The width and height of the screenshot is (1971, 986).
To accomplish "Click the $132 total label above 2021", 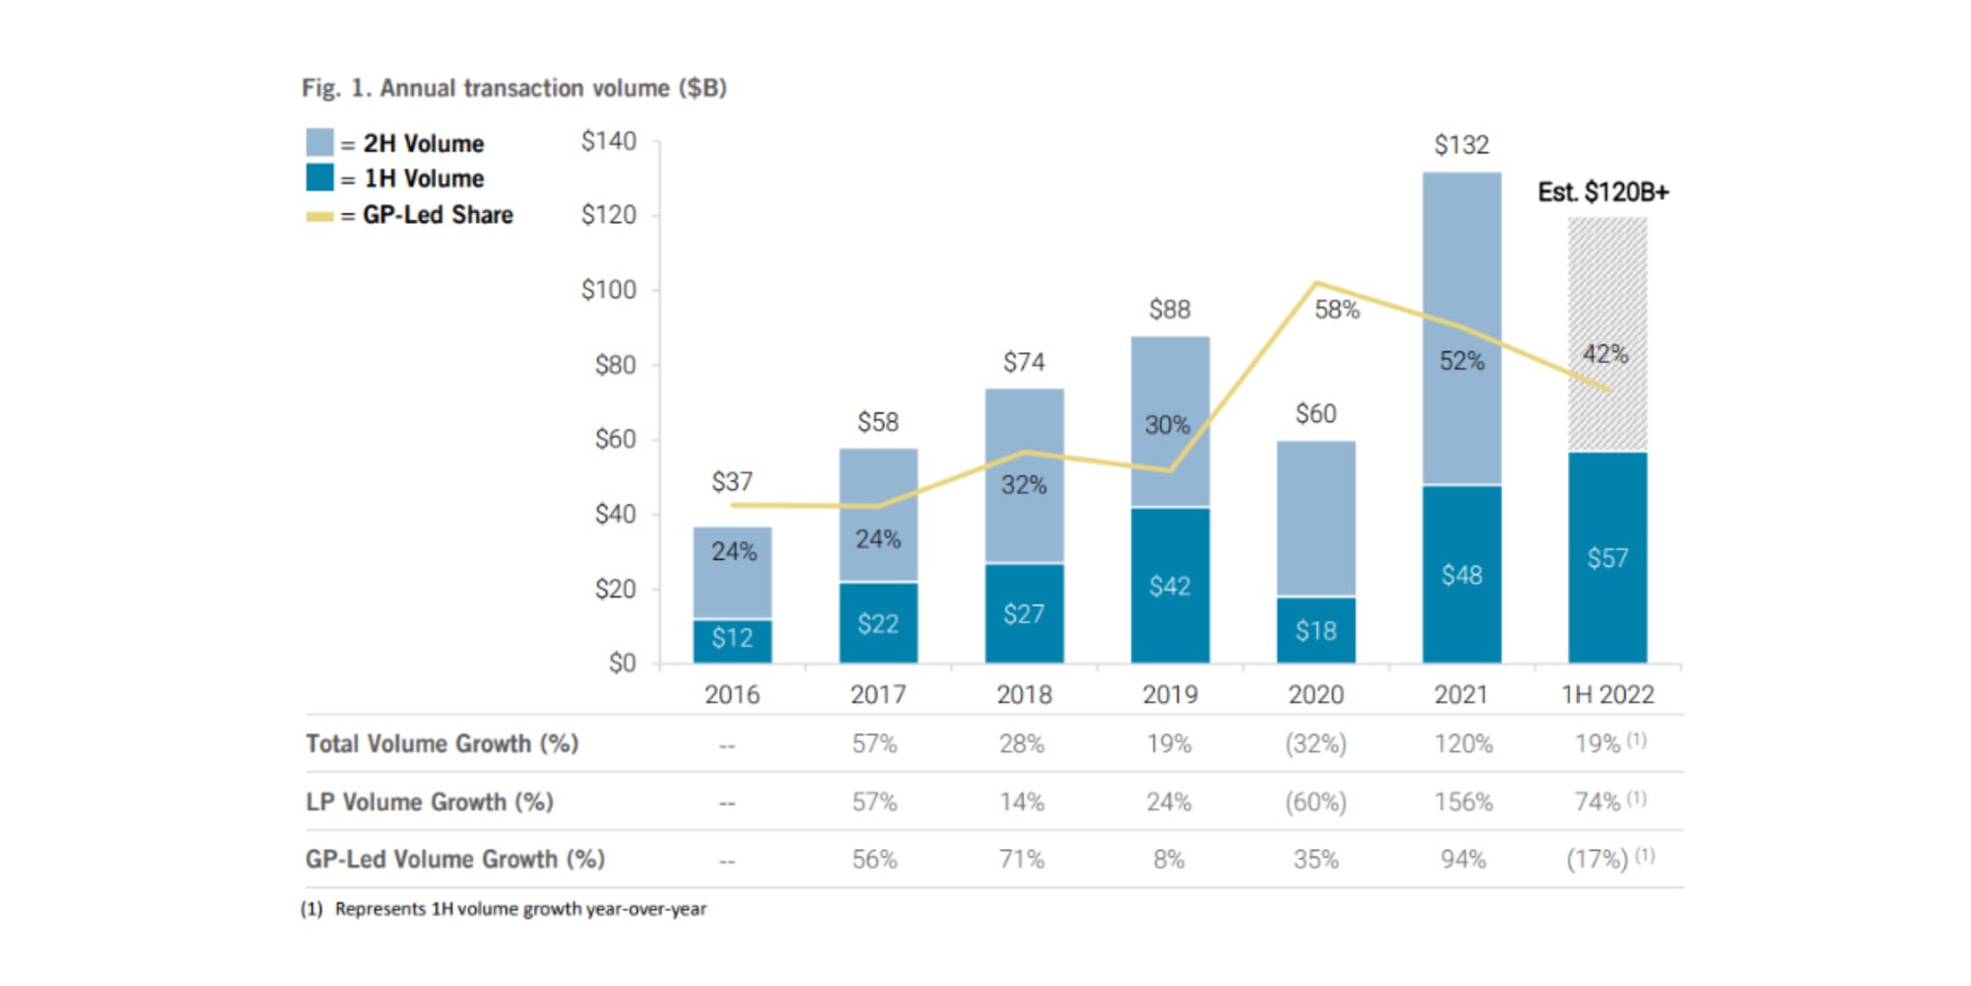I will (x=1461, y=146).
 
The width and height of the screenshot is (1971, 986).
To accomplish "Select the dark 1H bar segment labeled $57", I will (x=1606, y=557).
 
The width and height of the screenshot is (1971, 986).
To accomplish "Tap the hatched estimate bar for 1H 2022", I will (x=1606, y=296).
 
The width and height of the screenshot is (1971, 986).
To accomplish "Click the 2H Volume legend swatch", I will (x=319, y=143).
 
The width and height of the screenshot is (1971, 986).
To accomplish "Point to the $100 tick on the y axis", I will (x=608, y=290).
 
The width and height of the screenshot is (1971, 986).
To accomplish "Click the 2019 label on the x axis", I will (x=1170, y=695).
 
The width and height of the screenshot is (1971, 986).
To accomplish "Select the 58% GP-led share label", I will (x=1336, y=310).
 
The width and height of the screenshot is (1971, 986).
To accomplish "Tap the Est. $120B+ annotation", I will (x=1602, y=192).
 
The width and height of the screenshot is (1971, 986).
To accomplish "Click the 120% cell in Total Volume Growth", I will (x=1462, y=744).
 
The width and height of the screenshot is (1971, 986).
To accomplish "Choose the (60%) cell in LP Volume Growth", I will (x=1316, y=802).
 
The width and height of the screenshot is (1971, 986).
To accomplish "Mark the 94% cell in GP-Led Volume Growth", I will (x=1462, y=860).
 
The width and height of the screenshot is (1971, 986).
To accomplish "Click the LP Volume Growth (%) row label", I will (x=430, y=802).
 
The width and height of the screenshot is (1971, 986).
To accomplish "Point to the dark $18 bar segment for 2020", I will (x=1316, y=630).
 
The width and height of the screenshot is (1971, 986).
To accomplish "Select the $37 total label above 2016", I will (x=732, y=482).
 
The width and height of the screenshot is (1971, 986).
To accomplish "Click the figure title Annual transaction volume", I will (x=514, y=89).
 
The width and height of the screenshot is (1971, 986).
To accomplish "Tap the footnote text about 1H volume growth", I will (x=520, y=909).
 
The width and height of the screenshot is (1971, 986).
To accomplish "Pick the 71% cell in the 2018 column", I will (x=1022, y=860).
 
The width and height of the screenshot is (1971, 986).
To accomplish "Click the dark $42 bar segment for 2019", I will (x=1170, y=586).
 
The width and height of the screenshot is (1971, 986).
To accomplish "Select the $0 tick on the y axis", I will (x=622, y=663).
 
